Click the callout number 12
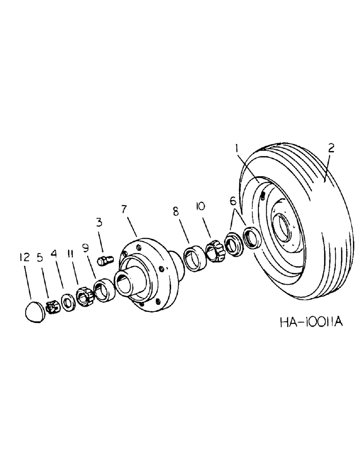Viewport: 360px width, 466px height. (25, 257)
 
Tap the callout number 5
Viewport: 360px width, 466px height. (41, 257)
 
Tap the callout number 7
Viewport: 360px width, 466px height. (125, 209)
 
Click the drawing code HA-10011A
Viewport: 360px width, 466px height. (307, 322)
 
